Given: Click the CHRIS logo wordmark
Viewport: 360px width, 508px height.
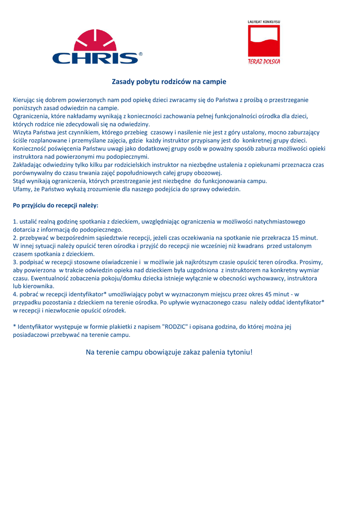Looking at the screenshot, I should pos(95,58).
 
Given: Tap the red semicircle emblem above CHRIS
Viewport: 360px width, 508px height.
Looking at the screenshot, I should pos(95,40).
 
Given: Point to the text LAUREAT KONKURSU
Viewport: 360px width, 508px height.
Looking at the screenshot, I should pos(264,22).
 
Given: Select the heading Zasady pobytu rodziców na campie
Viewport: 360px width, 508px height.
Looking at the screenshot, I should pos(169,81).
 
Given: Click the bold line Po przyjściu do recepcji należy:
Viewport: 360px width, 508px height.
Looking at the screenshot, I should pos(56,205).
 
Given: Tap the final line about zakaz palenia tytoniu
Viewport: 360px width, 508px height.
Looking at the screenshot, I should pos(169,352).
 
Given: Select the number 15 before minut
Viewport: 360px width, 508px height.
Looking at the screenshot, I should pos(296,238).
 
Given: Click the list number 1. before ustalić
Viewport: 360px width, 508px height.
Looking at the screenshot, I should pos(15,221).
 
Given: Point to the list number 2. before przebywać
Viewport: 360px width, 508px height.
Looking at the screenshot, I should pos(15,238).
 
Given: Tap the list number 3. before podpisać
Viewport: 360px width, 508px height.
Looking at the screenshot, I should pos(15,262).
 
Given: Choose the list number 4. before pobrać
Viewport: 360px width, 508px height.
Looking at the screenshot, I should pos(15,294).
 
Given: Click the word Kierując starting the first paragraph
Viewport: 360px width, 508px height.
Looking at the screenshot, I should pos(23,100).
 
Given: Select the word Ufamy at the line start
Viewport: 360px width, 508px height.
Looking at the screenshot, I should pos(22,189).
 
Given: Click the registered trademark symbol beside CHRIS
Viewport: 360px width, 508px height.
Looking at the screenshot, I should pos(141,53).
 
